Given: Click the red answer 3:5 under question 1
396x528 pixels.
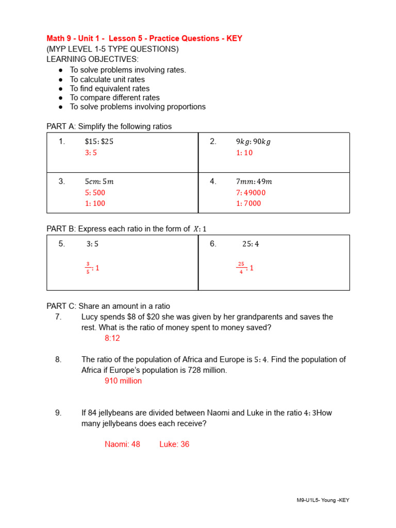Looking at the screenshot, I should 91,153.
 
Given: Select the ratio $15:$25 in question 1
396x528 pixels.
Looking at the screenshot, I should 99,142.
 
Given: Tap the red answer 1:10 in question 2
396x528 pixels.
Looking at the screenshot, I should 244,153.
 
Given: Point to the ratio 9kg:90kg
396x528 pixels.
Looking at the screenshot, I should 253,142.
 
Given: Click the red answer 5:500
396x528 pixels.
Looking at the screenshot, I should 95,192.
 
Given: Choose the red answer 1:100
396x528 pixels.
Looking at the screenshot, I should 95,203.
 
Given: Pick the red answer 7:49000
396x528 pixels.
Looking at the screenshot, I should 251,192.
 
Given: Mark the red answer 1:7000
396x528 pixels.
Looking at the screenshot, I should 249,203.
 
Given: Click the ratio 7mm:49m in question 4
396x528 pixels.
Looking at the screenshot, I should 254,181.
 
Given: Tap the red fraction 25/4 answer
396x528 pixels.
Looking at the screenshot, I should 245,268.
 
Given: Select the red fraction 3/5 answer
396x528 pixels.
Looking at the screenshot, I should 92,268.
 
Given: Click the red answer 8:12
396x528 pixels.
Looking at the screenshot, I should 112,338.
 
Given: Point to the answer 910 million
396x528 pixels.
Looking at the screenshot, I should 123,381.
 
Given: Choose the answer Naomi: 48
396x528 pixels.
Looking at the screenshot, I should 122,444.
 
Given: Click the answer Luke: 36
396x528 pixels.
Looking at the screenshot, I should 174,444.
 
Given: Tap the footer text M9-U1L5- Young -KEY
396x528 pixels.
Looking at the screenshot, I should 323,500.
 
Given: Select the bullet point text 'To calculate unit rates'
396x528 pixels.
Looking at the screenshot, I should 107,79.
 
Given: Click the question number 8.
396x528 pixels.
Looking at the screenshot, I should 58,359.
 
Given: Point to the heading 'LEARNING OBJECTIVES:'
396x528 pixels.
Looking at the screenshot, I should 93,59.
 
